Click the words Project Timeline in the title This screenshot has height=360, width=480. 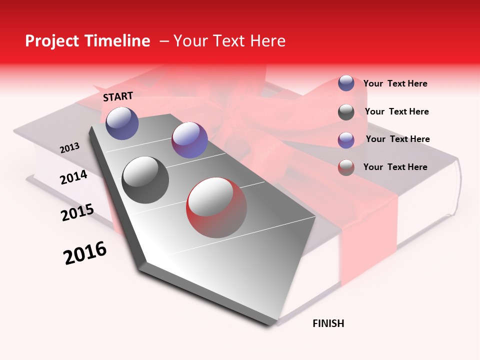[x=87, y=41]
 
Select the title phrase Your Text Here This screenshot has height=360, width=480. [x=229, y=41]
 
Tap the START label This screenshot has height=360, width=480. [x=118, y=96]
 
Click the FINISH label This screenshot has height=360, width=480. [x=328, y=323]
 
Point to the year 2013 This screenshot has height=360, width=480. [x=69, y=148]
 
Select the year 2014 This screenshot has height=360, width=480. [x=73, y=177]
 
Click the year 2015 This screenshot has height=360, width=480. [x=77, y=212]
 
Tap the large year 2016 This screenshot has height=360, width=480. [x=85, y=252]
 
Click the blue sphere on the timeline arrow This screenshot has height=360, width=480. [x=122, y=123]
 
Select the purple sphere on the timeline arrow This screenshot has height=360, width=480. [x=189, y=140]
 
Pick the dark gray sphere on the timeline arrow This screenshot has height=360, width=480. [x=145, y=180]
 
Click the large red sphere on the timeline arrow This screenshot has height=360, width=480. [x=216, y=207]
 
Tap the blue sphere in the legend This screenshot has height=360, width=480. [x=346, y=83]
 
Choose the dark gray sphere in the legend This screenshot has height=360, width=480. [x=346, y=112]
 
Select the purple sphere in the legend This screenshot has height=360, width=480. [x=346, y=140]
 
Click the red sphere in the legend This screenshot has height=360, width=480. [x=346, y=167]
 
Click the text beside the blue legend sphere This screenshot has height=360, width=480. [x=395, y=83]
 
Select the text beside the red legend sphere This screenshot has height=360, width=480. [x=395, y=167]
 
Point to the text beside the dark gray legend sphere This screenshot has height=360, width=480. [x=396, y=111]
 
